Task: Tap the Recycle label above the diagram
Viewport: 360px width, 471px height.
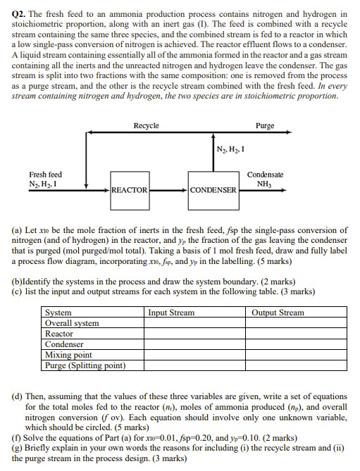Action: click(x=146, y=126)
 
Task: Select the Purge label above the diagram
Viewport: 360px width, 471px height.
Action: click(x=266, y=126)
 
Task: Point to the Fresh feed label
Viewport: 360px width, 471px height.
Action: click(x=45, y=175)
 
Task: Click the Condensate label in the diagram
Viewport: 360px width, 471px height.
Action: click(x=266, y=175)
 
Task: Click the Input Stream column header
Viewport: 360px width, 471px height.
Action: click(x=171, y=313)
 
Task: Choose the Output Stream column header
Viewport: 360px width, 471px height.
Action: click(x=278, y=313)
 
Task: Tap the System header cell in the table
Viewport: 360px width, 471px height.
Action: click(x=58, y=313)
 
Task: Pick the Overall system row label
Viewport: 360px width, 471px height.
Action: click(x=72, y=323)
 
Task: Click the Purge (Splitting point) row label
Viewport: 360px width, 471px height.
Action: click(x=85, y=365)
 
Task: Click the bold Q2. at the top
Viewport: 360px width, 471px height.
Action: click(x=20, y=14)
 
